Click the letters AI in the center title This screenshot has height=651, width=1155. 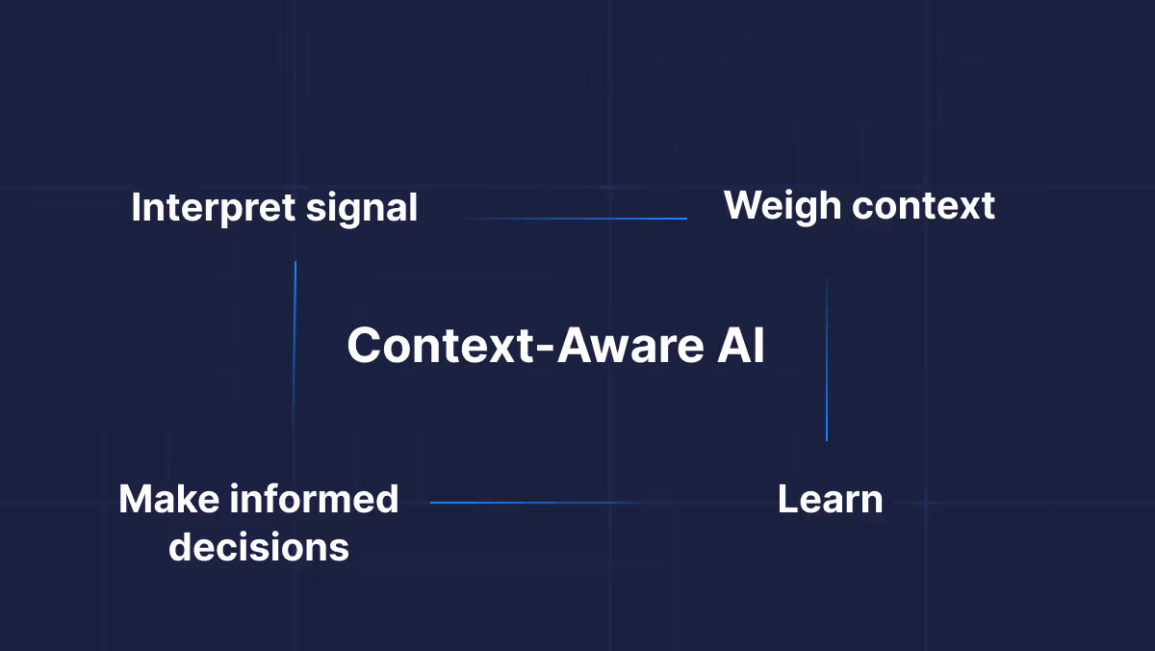pos(741,346)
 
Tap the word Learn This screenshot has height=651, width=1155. pos(830,500)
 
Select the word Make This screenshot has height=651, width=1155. pos(167,500)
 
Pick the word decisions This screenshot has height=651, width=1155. pos(258,548)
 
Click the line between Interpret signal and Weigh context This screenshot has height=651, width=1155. pos(575,219)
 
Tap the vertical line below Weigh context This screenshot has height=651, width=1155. pos(826,359)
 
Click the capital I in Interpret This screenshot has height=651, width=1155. pos(136,209)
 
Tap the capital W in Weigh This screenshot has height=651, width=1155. pos(742,207)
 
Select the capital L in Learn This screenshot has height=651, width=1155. pos(786,500)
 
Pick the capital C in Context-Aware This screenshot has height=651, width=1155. pos(366,346)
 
